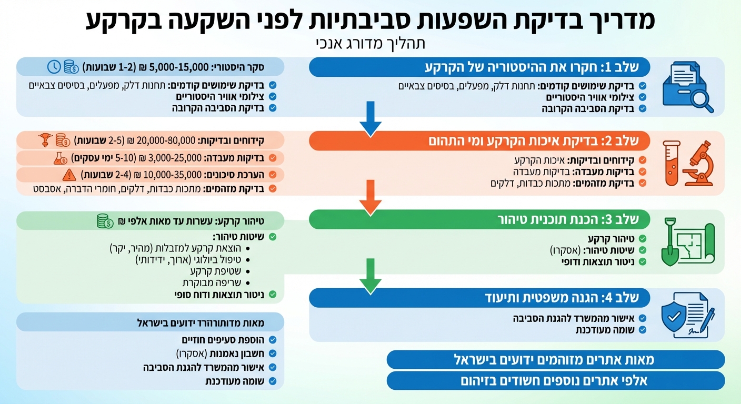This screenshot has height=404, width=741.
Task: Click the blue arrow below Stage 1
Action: coord(370,119)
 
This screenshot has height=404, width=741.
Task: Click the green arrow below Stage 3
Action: coord(370,276)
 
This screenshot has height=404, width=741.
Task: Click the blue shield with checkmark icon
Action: coord(675,317)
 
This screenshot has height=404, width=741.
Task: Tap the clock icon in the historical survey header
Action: coord(54,67)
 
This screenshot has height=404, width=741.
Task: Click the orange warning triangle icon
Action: coord(69,175)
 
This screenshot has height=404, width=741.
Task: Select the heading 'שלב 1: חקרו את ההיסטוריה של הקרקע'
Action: coord(537,68)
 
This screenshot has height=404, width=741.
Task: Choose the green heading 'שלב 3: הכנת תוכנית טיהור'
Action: coord(568,220)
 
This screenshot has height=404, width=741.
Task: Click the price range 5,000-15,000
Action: coord(176,67)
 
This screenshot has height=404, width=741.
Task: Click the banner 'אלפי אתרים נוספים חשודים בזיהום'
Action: coord(555,380)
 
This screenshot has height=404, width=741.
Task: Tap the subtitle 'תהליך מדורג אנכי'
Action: coord(370,42)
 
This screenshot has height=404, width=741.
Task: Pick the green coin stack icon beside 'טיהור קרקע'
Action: coord(105,221)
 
